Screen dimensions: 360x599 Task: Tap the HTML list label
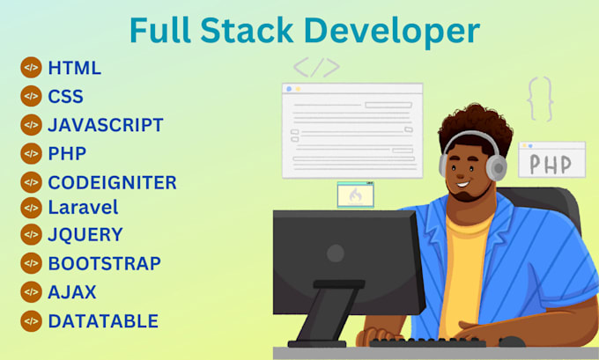click(x=75, y=68)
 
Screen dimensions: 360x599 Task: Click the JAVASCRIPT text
click(x=106, y=124)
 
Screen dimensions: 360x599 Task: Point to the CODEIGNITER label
click(x=112, y=182)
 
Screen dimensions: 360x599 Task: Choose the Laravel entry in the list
click(x=83, y=208)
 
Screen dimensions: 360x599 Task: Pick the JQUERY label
click(x=85, y=235)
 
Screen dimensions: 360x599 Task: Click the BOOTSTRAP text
click(x=104, y=263)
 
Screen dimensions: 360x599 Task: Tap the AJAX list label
click(x=72, y=291)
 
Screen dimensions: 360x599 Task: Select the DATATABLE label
click(x=103, y=321)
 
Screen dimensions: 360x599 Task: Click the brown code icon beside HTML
click(x=31, y=68)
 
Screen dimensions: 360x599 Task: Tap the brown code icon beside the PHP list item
click(x=31, y=153)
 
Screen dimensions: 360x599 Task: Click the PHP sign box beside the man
click(x=551, y=163)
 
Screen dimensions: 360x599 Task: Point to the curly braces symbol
click(x=539, y=99)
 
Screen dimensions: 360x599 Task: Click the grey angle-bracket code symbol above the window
click(x=314, y=68)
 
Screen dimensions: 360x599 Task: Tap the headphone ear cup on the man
click(x=498, y=166)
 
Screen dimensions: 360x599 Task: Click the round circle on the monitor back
click(x=336, y=253)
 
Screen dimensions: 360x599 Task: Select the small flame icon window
click(x=355, y=195)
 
